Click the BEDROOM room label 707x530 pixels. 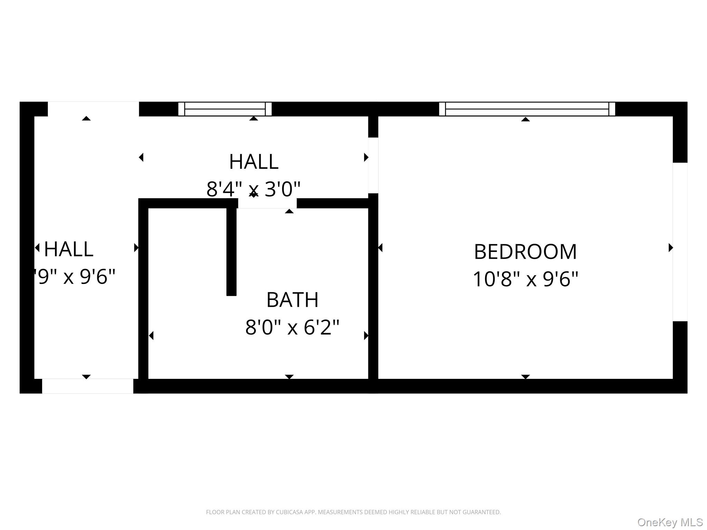pos(525,252)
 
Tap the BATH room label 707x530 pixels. pos(292,300)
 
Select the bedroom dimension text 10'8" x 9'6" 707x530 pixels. pos(525,279)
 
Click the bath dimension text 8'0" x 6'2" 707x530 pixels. pos(292,327)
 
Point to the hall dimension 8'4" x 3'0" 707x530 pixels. pos(253,189)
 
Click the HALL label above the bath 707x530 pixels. pos(253,161)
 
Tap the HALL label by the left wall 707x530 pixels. pos(69,249)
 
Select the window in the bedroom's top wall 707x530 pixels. pos(527,109)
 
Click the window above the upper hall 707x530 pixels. pos(225,109)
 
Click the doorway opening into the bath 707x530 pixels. pos(267,203)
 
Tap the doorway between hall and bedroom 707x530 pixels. pos(373,165)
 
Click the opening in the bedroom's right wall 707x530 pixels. pos(680,242)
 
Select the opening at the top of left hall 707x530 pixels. pos(93,109)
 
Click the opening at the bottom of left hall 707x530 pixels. pos(87,386)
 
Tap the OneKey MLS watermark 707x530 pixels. pos(670,522)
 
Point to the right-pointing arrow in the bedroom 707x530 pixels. pos(671,247)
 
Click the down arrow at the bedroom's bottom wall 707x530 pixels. pos(525,377)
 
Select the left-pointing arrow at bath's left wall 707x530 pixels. pos(151,335)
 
